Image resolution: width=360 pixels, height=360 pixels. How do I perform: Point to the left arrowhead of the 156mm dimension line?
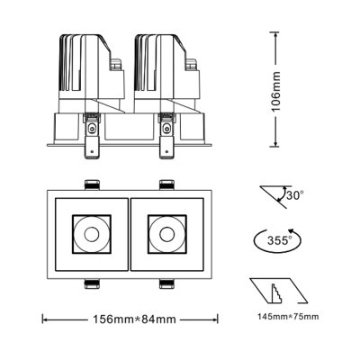46,319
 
